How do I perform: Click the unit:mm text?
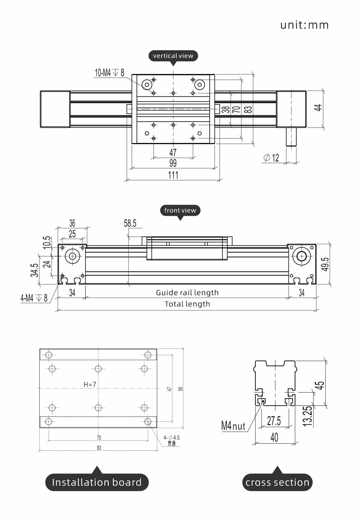pos(304,25)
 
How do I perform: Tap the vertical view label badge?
pos(173,56)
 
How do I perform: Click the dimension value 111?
pos(173,175)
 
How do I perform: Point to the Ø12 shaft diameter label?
pos(271,158)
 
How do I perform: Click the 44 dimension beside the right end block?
pos(318,107)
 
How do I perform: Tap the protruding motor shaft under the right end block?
pos(291,137)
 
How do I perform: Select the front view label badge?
pos(180,210)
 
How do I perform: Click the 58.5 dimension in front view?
pos(130,223)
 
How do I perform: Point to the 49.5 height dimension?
pos(325,264)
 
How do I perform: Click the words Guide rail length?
pos(187,293)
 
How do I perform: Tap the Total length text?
pos(187,304)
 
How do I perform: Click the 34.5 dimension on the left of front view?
pos(34,270)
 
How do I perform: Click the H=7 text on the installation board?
pos(90,384)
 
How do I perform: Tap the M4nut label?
pos(233,426)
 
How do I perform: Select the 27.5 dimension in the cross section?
pos(274,421)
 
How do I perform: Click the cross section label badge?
pos(277,482)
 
